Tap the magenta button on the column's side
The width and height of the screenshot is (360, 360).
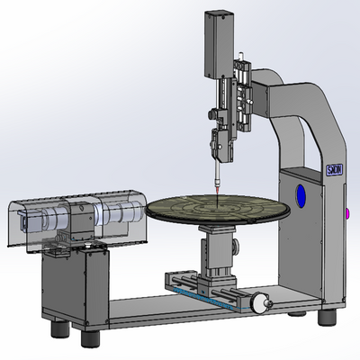[346, 213]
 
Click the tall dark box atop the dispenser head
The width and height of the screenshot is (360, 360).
[218, 43]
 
